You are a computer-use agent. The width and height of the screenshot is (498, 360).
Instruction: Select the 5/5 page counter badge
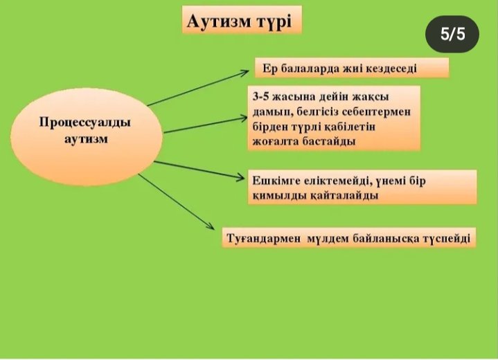[452, 34]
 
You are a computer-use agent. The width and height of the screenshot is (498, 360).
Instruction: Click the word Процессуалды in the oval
[85, 123]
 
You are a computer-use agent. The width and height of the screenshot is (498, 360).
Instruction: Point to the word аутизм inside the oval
[86, 139]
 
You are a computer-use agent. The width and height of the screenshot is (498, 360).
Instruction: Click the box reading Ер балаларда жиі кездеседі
[352, 68]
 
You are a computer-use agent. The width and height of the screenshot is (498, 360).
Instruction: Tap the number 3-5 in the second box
[260, 96]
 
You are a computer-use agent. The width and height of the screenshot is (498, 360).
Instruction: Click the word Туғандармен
[263, 238]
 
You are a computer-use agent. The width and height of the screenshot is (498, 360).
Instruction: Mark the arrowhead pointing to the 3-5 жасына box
[243, 118]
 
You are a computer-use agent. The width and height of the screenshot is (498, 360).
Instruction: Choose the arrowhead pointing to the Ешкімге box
[240, 177]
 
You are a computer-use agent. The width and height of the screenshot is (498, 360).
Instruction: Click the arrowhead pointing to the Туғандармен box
[211, 226]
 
